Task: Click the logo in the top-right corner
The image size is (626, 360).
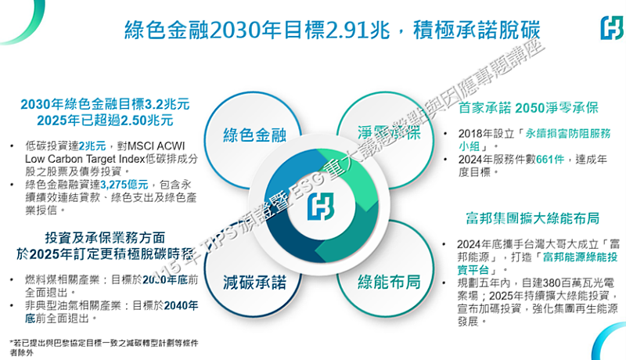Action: tap(610, 30)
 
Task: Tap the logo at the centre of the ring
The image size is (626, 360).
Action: tap(320, 207)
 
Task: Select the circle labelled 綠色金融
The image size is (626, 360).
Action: tap(254, 133)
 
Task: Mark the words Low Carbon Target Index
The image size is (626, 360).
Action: tap(76, 158)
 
